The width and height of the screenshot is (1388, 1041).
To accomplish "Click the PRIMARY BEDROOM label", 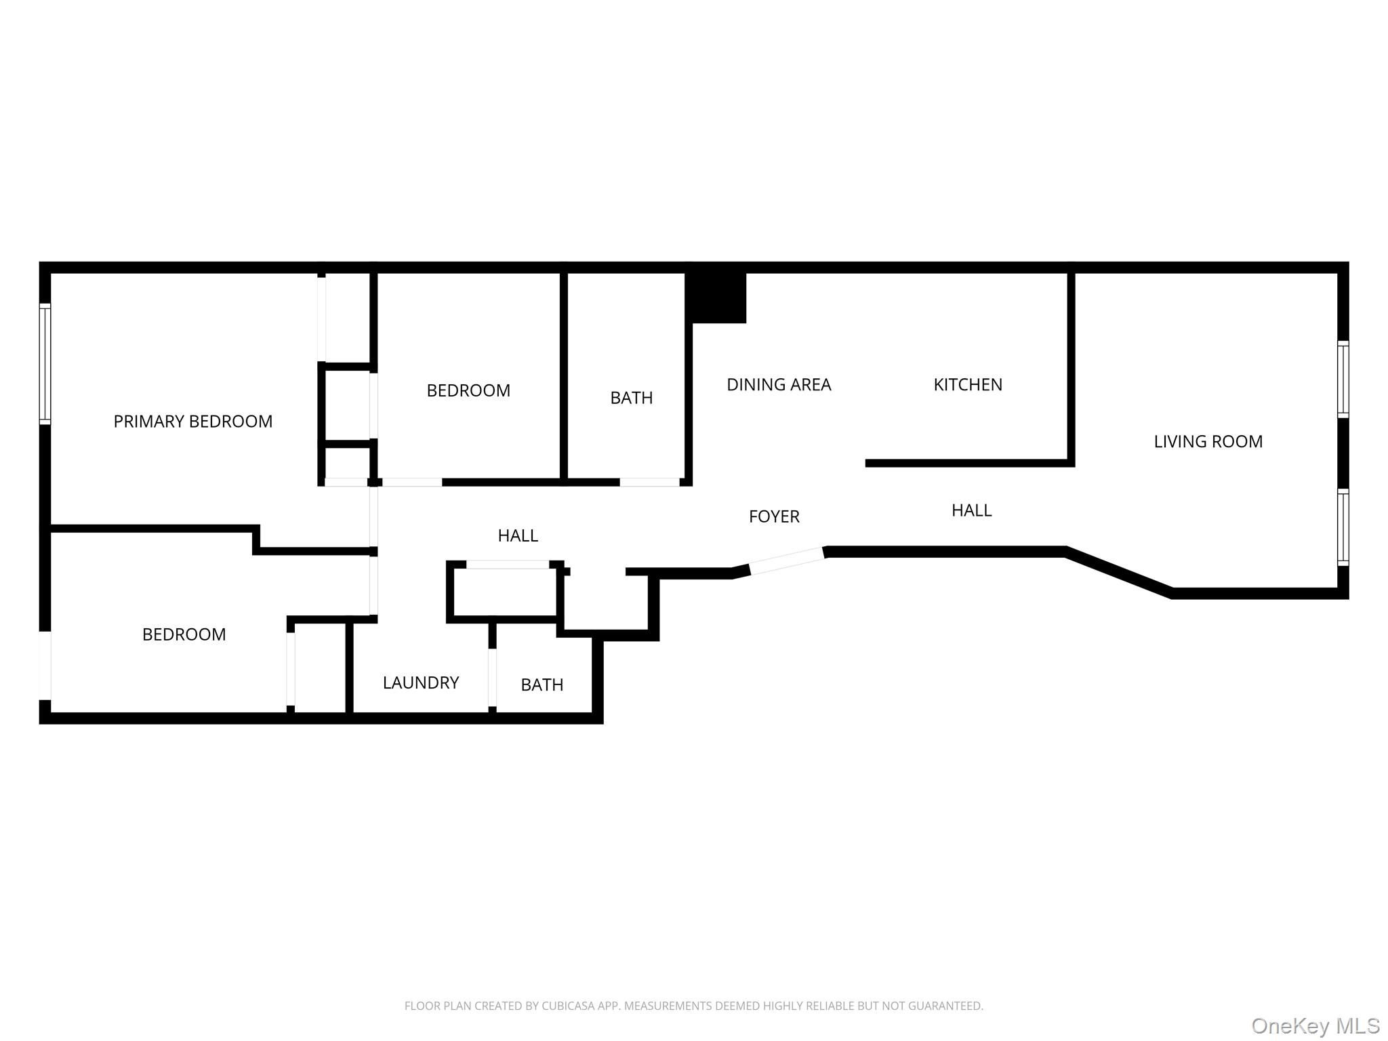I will [192, 422].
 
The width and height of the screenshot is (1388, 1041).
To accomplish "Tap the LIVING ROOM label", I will [1208, 442].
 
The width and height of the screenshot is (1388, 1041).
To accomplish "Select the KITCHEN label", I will [967, 385].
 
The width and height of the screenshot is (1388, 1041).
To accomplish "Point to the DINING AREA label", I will [778, 385].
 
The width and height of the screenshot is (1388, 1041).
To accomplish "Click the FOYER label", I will [773, 516].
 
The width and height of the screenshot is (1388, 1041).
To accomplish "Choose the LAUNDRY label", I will [420, 682].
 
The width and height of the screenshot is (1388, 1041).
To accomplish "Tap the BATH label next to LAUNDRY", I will [542, 685].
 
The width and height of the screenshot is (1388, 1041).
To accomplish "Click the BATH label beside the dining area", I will [631, 398].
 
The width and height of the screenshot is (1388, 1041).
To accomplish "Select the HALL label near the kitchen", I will [971, 510].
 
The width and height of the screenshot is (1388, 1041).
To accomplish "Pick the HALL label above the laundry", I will [518, 535].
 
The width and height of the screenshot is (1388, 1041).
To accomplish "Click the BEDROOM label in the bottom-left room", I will [184, 634].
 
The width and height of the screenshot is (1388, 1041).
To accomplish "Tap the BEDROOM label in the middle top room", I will [468, 390].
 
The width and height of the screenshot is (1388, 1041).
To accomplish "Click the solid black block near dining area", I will [717, 297].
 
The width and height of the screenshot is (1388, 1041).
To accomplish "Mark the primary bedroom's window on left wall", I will [45, 364].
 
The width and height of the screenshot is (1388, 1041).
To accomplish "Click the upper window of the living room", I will [1342, 379].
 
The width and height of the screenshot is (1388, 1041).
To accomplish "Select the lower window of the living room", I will [1342, 527].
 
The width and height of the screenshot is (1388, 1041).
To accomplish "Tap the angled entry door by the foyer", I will [787, 560].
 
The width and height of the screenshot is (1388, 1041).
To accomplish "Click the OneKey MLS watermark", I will [1314, 1025].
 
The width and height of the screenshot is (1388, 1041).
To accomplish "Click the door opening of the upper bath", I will [649, 482].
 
